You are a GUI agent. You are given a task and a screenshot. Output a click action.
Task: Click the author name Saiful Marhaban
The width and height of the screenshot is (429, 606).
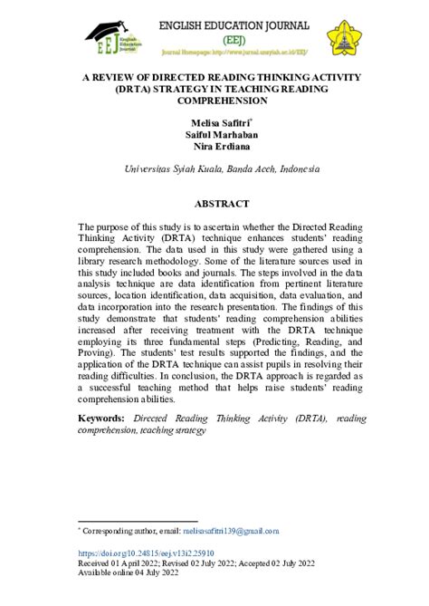click(x=214, y=133)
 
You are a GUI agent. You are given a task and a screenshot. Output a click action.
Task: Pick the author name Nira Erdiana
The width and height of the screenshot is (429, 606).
click(x=214, y=146)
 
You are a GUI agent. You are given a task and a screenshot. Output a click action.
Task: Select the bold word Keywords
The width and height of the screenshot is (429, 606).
click(x=100, y=418)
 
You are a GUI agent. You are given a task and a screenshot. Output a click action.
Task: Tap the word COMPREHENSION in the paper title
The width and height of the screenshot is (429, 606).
click(x=214, y=101)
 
